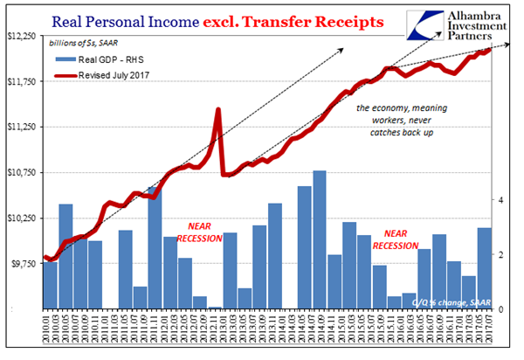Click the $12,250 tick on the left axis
click(x=21, y=36)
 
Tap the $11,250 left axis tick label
click(x=21, y=127)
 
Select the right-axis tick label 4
click(x=500, y=200)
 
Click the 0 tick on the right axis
click(x=500, y=309)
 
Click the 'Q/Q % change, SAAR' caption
click(x=446, y=301)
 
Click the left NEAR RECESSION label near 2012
click(x=200, y=231)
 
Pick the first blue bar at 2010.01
click(x=50, y=284)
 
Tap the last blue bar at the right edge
click(x=484, y=268)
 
